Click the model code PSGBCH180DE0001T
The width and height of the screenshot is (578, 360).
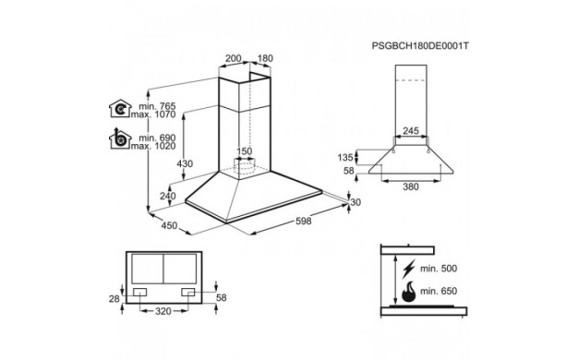[x=420, y=46]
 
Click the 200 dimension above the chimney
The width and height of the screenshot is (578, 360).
[x=233, y=58]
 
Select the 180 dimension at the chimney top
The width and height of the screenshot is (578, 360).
[x=265, y=58]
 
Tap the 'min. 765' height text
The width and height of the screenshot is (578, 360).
[x=157, y=106]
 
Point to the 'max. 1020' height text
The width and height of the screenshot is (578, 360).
[x=153, y=146]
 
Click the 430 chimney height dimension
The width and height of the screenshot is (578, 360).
[x=185, y=163]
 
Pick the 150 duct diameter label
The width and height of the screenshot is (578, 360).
[x=244, y=151]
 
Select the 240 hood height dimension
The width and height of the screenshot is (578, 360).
[x=168, y=196]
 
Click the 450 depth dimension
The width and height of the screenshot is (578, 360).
[x=169, y=225]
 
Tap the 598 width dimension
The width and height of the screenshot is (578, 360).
[x=304, y=221]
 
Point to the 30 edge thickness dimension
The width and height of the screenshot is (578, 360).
[x=355, y=202]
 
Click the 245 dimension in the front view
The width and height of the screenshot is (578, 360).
[x=411, y=131]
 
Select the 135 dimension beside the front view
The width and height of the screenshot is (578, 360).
[x=345, y=158]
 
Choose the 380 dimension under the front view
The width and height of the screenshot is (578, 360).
[x=411, y=186]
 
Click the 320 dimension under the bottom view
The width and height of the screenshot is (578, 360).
[x=163, y=311]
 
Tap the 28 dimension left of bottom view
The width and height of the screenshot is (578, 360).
[x=114, y=298]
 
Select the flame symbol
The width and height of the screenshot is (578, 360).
[x=408, y=292]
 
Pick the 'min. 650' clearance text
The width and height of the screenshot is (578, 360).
[x=439, y=291]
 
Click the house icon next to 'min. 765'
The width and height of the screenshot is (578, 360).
[x=120, y=109]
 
